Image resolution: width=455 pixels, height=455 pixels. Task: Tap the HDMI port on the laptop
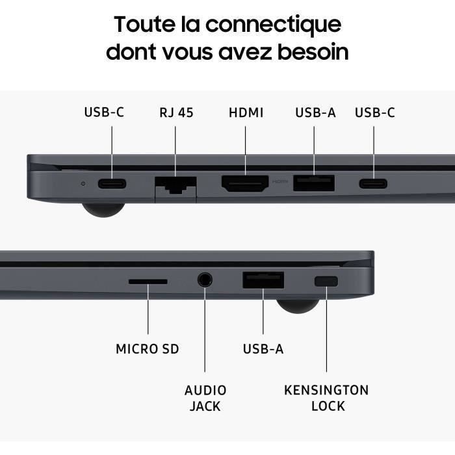click(245, 183)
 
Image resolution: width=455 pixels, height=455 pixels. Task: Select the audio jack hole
click(205, 280)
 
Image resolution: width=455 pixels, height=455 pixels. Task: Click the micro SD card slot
click(148, 281)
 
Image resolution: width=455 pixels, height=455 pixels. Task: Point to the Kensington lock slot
click(326, 281)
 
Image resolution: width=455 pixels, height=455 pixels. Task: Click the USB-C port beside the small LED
click(112, 184)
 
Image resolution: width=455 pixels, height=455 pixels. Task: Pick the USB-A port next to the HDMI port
click(314, 183)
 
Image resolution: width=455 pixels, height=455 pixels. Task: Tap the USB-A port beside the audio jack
click(263, 280)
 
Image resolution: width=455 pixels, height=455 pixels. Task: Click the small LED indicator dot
click(83, 184)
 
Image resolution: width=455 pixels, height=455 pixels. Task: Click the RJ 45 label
click(176, 112)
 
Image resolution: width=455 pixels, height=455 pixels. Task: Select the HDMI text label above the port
click(246, 112)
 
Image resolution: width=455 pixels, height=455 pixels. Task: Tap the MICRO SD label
click(148, 349)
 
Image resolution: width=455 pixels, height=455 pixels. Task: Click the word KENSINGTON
click(326, 390)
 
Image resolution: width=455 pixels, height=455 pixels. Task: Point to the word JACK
click(205, 406)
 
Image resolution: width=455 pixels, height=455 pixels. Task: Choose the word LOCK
click(328, 406)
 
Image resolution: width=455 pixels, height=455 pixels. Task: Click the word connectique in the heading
click(274, 25)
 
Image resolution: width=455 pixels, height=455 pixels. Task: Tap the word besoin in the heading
click(313, 51)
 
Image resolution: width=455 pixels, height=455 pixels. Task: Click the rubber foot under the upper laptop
click(103, 209)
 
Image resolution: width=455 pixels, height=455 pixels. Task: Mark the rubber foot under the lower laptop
click(298, 306)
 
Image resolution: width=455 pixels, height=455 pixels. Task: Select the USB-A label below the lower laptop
click(263, 349)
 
